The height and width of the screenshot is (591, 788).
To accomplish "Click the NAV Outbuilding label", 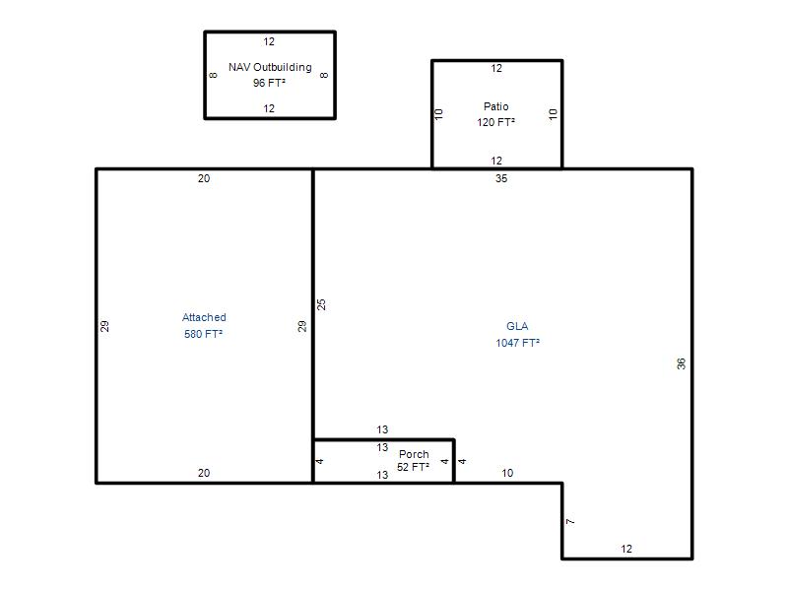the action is click(x=270, y=67).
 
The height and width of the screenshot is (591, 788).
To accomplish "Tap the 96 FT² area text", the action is click(x=269, y=83).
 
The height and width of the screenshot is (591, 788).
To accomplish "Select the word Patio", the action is click(x=496, y=106).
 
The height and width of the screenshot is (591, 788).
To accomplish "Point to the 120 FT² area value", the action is click(x=496, y=122).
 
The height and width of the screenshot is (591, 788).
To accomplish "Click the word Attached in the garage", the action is click(x=204, y=317).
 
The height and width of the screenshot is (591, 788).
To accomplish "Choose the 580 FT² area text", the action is click(x=204, y=334).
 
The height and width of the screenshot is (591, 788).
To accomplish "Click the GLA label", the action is click(x=517, y=326).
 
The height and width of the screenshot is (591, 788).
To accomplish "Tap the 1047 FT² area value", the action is click(x=518, y=343).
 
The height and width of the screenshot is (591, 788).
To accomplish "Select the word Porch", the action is click(x=414, y=454).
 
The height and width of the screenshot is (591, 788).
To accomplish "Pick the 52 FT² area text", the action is click(x=413, y=467).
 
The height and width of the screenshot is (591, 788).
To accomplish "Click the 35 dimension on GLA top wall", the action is click(x=501, y=178).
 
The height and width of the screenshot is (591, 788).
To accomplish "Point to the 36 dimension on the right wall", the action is click(x=681, y=363).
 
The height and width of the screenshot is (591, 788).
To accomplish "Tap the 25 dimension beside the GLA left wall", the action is click(x=321, y=304).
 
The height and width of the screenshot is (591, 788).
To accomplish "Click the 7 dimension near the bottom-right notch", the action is click(x=570, y=522).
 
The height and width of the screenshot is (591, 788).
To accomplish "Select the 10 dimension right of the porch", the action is click(x=507, y=473).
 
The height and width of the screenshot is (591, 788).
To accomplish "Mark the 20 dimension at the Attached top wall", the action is click(x=204, y=178).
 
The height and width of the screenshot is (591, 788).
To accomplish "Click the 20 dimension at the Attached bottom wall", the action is click(x=204, y=473).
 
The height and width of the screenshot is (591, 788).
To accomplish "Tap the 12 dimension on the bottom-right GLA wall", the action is click(x=626, y=549).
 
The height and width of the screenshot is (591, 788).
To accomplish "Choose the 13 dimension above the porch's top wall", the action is click(x=382, y=429).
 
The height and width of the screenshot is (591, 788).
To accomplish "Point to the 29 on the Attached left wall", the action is click(x=104, y=326).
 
